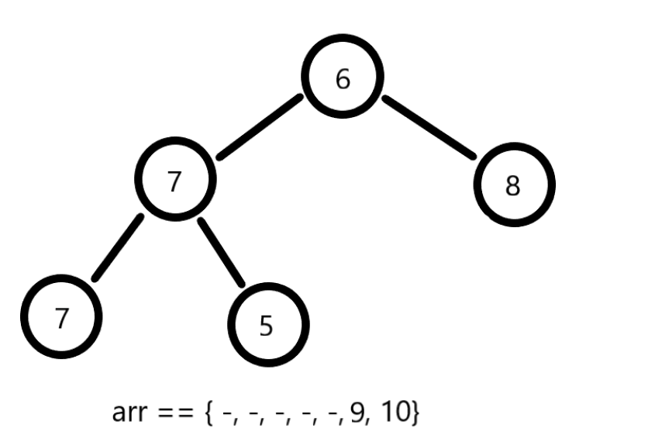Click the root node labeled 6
343,78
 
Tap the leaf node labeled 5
267,326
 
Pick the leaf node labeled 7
60,318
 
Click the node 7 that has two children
174,181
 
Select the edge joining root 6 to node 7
260,127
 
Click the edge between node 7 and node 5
221,253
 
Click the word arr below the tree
129,413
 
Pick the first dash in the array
226,414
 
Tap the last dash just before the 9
337,414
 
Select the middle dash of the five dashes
282,414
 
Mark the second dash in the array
254,414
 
